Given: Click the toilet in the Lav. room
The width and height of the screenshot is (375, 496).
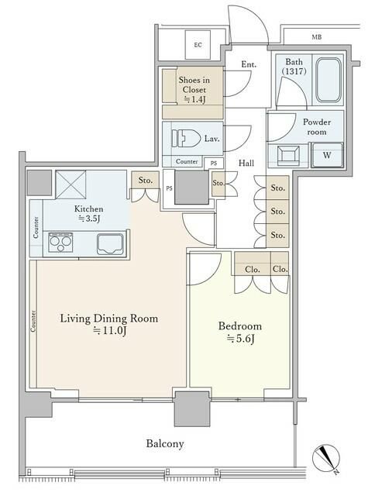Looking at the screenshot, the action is tap(186, 139).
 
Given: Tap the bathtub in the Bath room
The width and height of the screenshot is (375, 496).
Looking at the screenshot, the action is tap(329, 80).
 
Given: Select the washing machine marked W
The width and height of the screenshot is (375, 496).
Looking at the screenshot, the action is tap(327, 155).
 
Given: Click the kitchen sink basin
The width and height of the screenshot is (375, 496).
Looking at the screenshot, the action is tap(110, 244).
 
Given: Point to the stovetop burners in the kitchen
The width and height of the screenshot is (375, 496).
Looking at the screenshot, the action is tap(60, 243).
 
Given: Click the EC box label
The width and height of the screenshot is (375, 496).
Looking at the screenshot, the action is tap(198, 45).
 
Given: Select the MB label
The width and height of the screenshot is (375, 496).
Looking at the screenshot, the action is tap(317, 37).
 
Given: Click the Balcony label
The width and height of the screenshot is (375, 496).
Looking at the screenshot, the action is tap(165, 443).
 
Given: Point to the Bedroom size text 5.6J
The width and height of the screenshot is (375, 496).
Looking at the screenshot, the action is tap(241, 339).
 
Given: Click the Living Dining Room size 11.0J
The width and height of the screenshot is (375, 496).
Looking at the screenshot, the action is tap(109, 331).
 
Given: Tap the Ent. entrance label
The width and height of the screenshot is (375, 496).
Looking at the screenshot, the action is tap(249, 64).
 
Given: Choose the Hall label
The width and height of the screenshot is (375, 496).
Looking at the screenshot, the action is tap(246, 163).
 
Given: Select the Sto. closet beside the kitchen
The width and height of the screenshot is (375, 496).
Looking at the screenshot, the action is tap(145, 181).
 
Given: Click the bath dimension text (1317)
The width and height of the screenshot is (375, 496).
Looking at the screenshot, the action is tap(294, 71).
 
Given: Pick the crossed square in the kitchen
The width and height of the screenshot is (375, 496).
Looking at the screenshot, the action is tap(71, 185).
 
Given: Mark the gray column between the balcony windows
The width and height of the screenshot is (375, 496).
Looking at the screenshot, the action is tap(192, 409).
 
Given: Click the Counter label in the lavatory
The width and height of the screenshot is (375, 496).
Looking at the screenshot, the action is tap(187, 161).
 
